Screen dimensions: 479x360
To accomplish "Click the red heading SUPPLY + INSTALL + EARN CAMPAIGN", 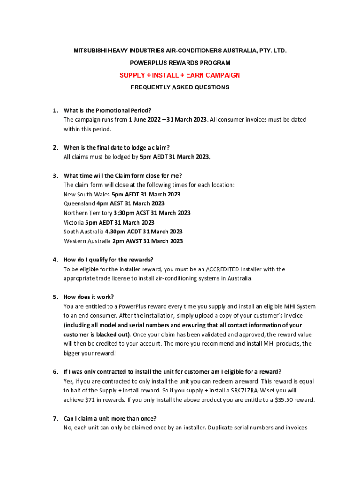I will coord(180,75).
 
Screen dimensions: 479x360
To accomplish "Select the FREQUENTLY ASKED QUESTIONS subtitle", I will coord(180,87).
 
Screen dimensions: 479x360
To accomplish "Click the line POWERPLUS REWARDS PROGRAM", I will coord(180,63).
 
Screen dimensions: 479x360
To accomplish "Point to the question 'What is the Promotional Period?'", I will coord(107,110).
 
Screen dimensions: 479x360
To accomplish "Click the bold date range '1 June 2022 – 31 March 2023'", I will coord(167,120).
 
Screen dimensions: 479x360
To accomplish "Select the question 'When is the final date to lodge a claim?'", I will coord(116,148).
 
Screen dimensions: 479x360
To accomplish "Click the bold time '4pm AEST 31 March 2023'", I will coord(130,203).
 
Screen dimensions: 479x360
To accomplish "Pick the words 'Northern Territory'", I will coord(87,213).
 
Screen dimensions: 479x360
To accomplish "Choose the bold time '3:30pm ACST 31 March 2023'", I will coord(152,213).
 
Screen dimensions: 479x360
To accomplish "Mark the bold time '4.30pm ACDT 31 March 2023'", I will coord(144,232).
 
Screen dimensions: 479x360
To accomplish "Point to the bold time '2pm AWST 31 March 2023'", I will coord(147,241).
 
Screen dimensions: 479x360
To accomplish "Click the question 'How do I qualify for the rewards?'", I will coord(108,260).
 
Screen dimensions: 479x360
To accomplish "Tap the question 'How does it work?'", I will coord(88,297).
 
